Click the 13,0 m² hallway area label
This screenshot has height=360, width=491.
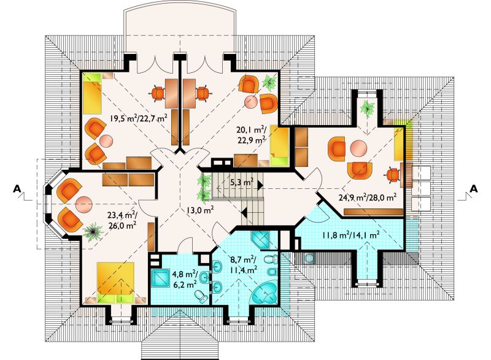pos(200,210)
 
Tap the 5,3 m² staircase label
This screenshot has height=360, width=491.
pos(242,182)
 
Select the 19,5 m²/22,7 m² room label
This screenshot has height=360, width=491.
pos(138,118)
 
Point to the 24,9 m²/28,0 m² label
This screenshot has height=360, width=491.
pos(368,197)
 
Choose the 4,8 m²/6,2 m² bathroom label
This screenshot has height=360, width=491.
pos(185,279)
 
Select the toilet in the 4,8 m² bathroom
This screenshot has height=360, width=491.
pos(201,296)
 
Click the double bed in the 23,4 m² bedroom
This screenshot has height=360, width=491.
pos(115,283)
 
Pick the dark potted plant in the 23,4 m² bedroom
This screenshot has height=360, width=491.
pos(93,231)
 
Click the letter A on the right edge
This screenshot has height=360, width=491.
pos(474,189)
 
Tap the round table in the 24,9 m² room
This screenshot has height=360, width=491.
pos(357,148)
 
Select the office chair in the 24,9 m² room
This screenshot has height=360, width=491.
pos(393,175)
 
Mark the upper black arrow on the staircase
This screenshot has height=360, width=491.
pos(260,186)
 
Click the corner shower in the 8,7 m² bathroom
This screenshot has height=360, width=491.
pos(260,240)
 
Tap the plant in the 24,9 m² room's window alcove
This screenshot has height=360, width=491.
pos(367,108)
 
